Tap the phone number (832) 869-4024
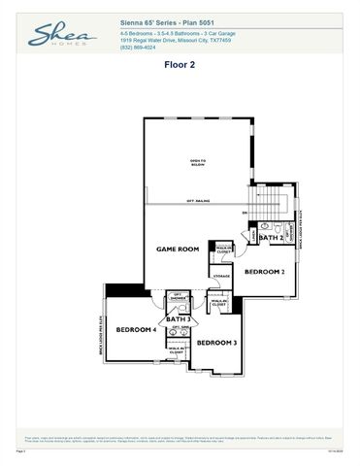pyautogui.click(x=138, y=47)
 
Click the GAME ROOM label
pyautogui.click(x=178, y=250)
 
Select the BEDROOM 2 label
pyautogui.click(x=264, y=272)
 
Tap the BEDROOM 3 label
pyautogui.click(x=217, y=343)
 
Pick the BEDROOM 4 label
pyautogui.click(x=136, y=330)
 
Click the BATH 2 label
pyautogui.click(x=274, y=237)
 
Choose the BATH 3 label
pyautogui.click(x=178, y=318)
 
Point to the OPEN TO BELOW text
pyautogui.click(x=198, y=162)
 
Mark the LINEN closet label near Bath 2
pyautogui.click(x=253, y=235)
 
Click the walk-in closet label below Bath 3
pyautogui.click(x=177, y=349)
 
